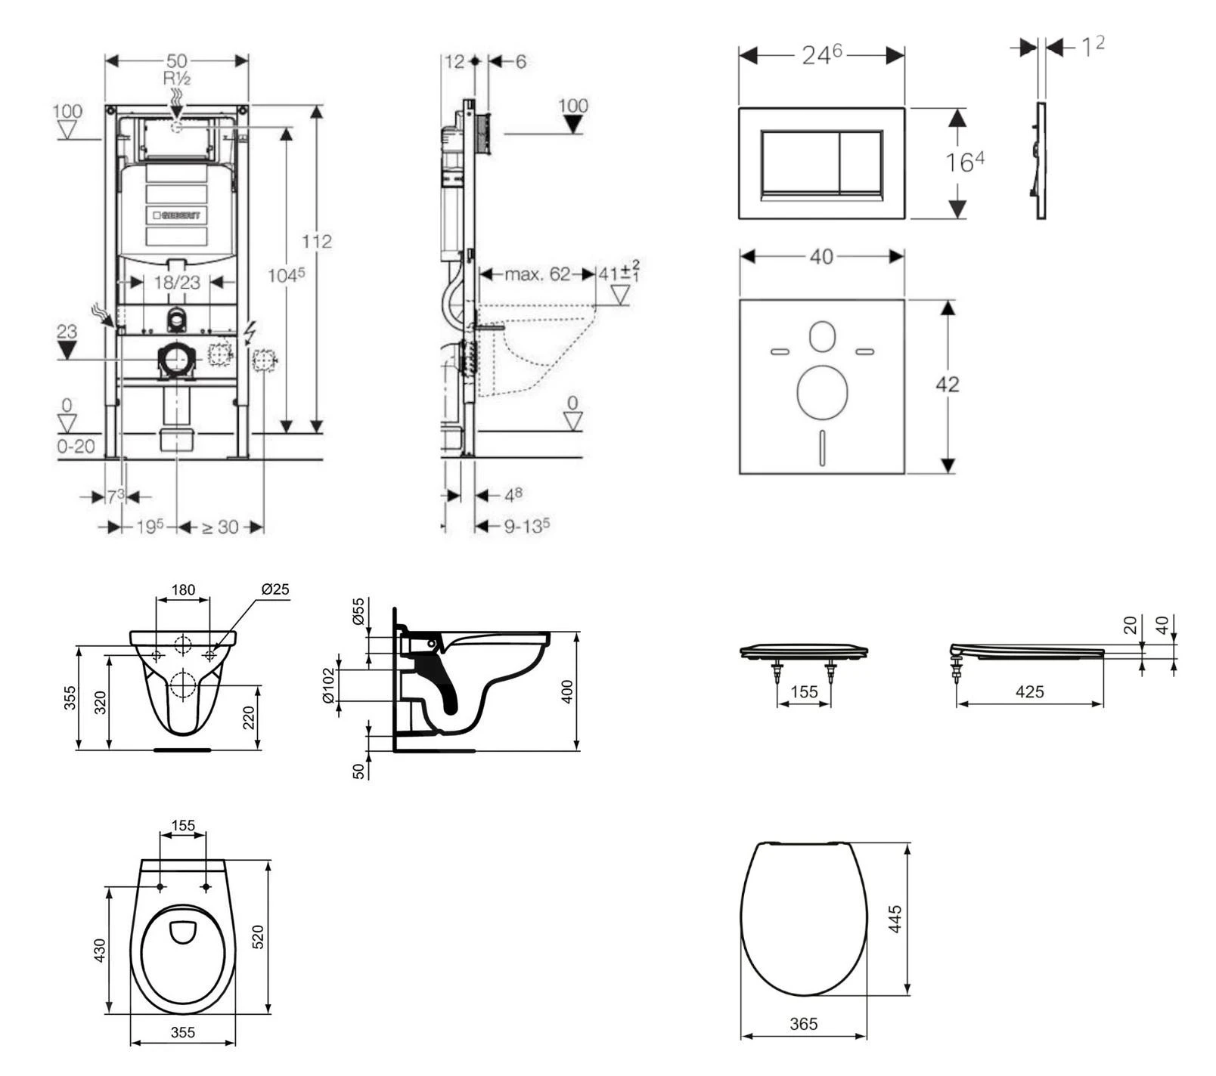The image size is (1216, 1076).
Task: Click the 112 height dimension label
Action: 316,241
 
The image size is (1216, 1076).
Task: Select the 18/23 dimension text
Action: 177,282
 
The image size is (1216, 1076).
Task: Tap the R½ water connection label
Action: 176,78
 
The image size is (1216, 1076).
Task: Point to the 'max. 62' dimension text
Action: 537,274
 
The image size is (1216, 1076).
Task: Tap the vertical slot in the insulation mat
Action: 821,445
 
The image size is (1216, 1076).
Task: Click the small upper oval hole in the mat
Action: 822,337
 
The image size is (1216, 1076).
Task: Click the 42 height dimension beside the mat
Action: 947,384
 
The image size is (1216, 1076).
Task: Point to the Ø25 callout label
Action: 275,589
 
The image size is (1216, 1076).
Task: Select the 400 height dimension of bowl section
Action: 569,691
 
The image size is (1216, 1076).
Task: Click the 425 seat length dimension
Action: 1029,691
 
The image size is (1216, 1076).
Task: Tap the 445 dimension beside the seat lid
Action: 895,919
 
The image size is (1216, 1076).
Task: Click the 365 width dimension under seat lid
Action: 803,1024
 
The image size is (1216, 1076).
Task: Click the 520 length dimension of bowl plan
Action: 258,936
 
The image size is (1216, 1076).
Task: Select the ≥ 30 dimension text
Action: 220,527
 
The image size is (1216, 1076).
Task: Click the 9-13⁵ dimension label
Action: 527,526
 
